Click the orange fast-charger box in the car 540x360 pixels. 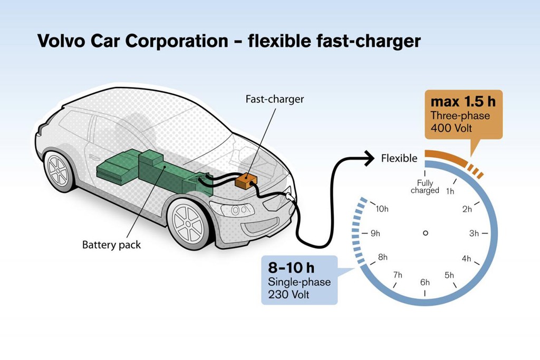pyautogui.click(x=246, y=181)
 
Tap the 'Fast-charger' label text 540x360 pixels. pyautogui.click(x=274, y=99)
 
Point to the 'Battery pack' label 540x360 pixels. pyautogui.click(x=111, y=245)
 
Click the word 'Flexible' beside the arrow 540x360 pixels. pyautogui.click(x=399, y=158)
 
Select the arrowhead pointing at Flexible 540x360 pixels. pyautogui.click(x=370, y=158)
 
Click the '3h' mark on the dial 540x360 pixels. pyautogui.click(x=474, y=233)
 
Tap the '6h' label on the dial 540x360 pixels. pyautogui.click(x=425, y=283)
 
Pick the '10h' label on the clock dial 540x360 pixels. pyautogui.click(x=382, y=209)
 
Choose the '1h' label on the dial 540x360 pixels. pyautogui.click(x=450, y=191)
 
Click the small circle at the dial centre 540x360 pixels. pyautogui.click(x=426, y=233)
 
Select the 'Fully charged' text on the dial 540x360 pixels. pyautogui.click(x=425, y=187)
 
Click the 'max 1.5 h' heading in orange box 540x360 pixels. pyautogui.click(x=463, y=102)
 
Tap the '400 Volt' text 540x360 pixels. pyautogui.click(x=451, y=128)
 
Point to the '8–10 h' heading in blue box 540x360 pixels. pyautogui.click(x=291, y=268)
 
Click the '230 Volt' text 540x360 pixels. pyautogui.click(x=288, y=295)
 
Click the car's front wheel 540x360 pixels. pyautogui.click(x=188, y=223)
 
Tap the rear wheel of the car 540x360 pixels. pyautogui.click(x=59, y=170)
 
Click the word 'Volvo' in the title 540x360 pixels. pyautogui.click(x=61, y=41)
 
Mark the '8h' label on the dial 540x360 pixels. pyautogui.click(x=383, y=257)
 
